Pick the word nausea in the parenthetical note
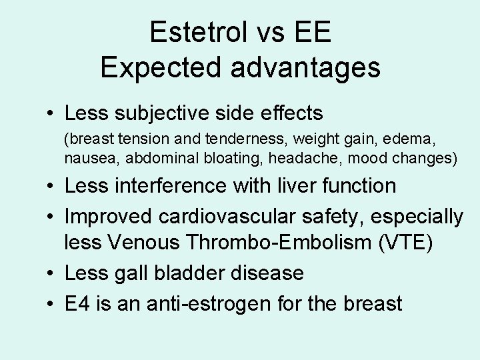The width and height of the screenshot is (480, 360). click(86, 158)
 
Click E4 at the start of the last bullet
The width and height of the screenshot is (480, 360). click(77, 303)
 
